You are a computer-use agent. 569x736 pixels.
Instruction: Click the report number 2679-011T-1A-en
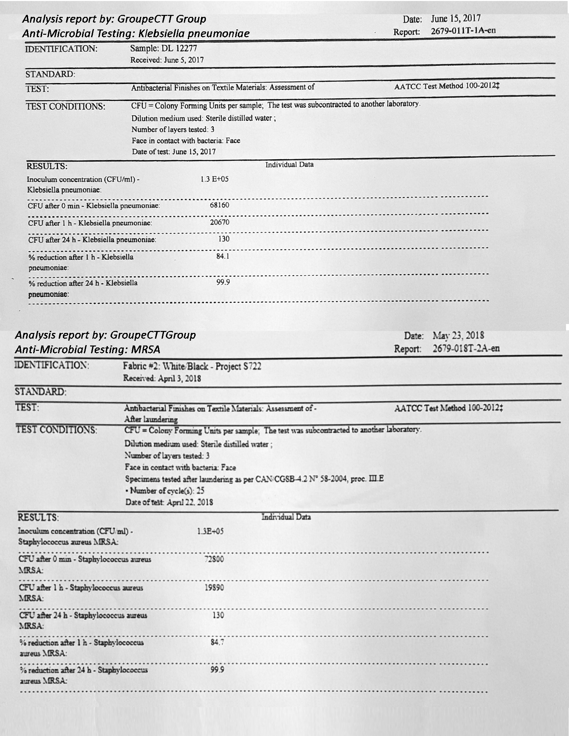[463, 31]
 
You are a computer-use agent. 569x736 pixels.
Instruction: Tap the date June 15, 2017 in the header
[455, 19]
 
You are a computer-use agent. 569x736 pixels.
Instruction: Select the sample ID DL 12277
[164, 49]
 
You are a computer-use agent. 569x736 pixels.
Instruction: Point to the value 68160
[219, 205]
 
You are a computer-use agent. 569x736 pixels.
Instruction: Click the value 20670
[219, 222]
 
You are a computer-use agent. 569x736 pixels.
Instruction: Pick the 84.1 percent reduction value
[223, 256]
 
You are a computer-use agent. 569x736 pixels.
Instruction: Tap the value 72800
[214, 559]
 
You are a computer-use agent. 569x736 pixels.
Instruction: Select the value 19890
[214, 588]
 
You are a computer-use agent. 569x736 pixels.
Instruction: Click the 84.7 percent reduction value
[217, 642]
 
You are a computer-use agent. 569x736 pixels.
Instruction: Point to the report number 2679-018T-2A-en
[466, 348]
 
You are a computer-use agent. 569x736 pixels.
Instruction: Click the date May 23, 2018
[458, 336]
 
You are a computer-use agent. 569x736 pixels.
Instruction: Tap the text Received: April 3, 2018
[162, 378]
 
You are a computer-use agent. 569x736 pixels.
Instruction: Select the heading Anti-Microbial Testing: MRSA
[87, 350]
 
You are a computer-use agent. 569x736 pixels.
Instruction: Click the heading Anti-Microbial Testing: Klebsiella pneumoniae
[135, 34]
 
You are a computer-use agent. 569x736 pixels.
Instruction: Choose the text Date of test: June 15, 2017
[173, 152]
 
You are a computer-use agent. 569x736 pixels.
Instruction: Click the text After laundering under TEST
[151, 420]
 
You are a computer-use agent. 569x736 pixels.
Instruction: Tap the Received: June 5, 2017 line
[167, 60]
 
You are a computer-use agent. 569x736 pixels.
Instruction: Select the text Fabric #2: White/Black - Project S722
[192, 366]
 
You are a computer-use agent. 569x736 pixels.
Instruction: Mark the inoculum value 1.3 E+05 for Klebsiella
[214, 179]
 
